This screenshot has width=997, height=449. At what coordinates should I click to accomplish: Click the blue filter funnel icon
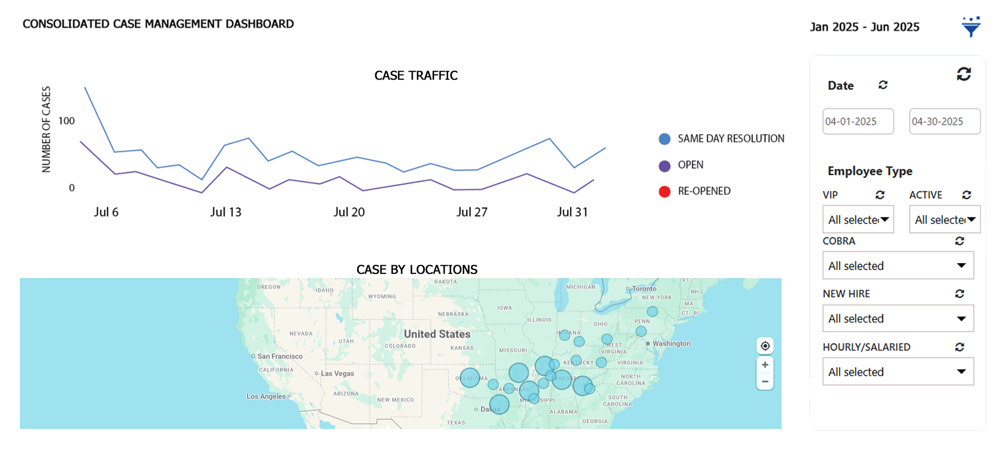click(971, 27)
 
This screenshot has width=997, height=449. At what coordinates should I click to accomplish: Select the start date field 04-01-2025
click(858, 121)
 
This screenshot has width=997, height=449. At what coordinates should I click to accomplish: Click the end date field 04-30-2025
click(944, 121)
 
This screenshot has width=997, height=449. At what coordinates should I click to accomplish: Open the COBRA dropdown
click(898, 265)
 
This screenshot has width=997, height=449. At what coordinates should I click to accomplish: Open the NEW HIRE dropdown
click(898, 319)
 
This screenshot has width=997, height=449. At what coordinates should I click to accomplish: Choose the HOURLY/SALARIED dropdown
click(898, 371)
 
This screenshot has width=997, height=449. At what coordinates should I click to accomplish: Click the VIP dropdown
click(858, 220)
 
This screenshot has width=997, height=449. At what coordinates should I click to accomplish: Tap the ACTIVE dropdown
click(944, 220)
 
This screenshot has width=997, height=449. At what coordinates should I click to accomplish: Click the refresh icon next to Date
click(883, 85)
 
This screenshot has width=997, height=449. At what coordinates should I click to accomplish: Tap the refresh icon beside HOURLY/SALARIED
click(960, 347)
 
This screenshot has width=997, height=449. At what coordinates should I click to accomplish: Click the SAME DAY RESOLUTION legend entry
click(730, 139)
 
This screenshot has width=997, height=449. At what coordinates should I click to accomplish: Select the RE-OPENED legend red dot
click(665, 192)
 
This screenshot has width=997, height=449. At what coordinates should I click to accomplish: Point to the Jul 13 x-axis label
click(226, 212)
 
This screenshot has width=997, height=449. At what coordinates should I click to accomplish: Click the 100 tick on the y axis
click(66, 121)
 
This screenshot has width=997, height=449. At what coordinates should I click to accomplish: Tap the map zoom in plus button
click(765, 365)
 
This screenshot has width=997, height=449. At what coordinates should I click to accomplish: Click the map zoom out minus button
click(765, 382)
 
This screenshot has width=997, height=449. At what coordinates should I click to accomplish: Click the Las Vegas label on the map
click(337, 373)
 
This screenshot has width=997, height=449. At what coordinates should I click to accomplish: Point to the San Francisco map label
click(280, 356)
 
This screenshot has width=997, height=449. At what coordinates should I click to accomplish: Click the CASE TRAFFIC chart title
click(416, 76)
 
